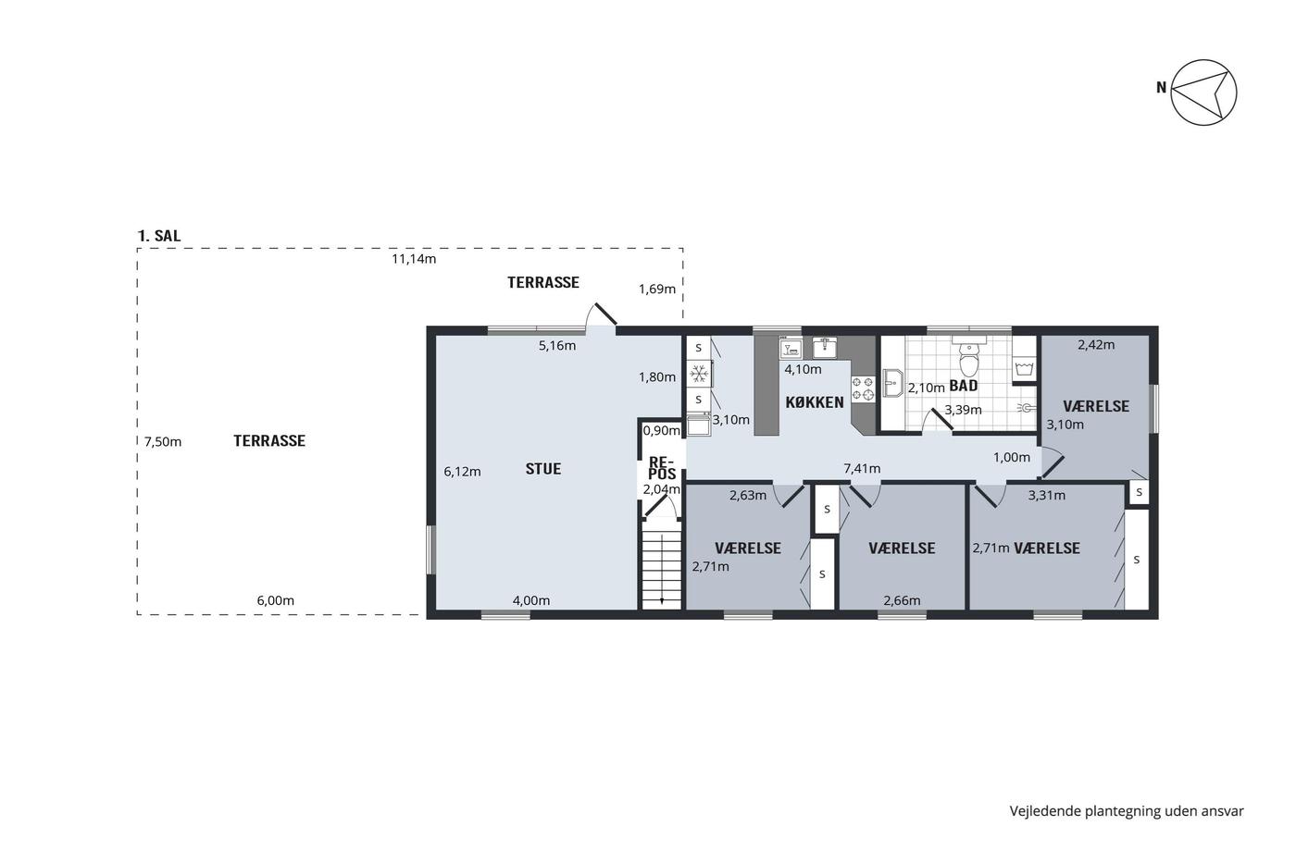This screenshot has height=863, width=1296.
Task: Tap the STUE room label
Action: click(x=542, y=469)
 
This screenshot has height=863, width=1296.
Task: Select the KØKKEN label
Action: click(x=814, y=402)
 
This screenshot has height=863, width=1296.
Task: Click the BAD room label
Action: click(x=964, y=386)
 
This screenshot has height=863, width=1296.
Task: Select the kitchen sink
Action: click(x=824, y=348)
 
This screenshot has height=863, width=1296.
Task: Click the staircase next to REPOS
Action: click(x=661, y=571)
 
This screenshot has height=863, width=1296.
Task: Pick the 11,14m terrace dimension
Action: click(x=414, y=259)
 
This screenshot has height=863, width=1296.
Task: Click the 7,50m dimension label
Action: click(x=163, y=442)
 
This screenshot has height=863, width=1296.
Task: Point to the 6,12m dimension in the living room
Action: click(x=462, y=472)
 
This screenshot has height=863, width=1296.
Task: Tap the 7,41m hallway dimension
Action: click(x=862, y=469)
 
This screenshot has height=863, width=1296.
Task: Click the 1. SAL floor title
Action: click(x=159, y=236)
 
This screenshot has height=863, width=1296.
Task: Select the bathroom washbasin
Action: click(x=893, y=383)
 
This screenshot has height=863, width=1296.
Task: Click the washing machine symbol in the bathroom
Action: click(x=1024, y=368)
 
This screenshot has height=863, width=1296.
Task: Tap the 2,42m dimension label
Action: click(x=1096, y=345)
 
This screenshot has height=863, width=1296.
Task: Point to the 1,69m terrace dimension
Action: click(x=656, y=289)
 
